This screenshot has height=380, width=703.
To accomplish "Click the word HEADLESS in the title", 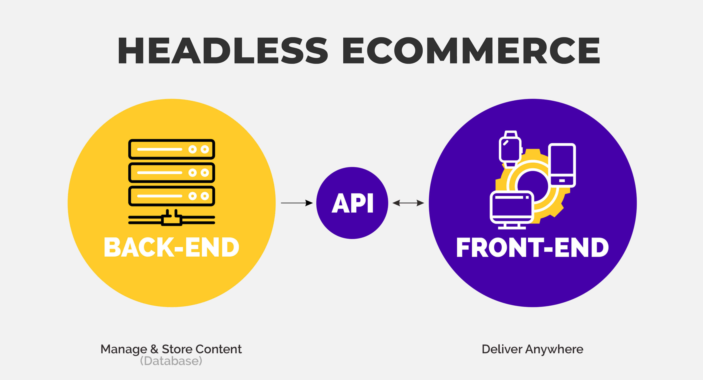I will (222, 51).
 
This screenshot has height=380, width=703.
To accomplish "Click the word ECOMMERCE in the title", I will (471, 51).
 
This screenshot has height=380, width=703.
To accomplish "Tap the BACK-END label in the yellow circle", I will (171, 247).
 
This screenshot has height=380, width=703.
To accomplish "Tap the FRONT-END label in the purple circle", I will (532, 247).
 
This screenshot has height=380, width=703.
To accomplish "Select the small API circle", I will (352, 203).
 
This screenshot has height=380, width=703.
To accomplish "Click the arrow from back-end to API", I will (296, 203).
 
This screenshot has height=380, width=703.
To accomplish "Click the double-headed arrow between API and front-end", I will (408, 203).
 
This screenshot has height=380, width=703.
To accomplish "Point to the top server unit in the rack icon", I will (171, 149).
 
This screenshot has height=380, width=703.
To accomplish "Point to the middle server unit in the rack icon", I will (171, 173).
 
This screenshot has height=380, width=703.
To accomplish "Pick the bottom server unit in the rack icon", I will (171, 196).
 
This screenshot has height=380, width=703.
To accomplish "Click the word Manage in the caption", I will (124, 349).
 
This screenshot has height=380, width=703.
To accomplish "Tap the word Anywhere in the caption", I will (554, 349).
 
